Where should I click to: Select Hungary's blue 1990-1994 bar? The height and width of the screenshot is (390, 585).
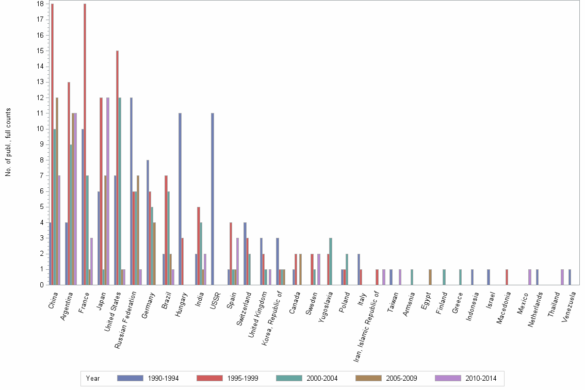coord(180,199)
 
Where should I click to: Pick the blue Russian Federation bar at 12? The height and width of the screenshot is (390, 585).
coord(132,191)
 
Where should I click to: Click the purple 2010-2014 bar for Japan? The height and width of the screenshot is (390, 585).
coord(108,191)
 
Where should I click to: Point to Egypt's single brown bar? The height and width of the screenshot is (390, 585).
coord(430,277)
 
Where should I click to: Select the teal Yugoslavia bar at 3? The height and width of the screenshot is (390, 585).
coord(331,261)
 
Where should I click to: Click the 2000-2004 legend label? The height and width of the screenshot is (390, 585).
coord(322,379)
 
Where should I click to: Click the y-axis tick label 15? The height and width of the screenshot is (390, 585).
coord(40,51)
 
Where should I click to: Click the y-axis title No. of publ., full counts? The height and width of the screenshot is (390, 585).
coord(8,142)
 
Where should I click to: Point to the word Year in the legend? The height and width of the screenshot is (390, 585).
coord(93,379)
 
